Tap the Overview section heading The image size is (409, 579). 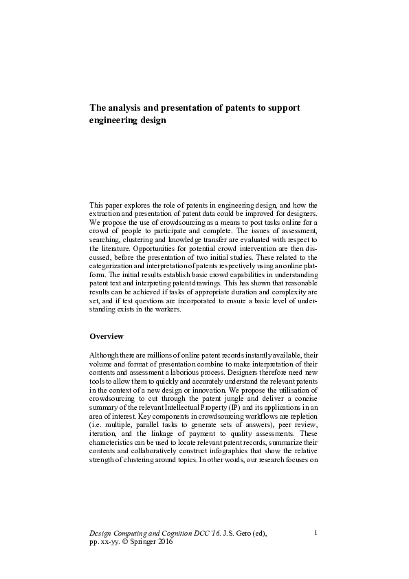click(107, 336)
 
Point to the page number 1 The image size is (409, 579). click(315, 532)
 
